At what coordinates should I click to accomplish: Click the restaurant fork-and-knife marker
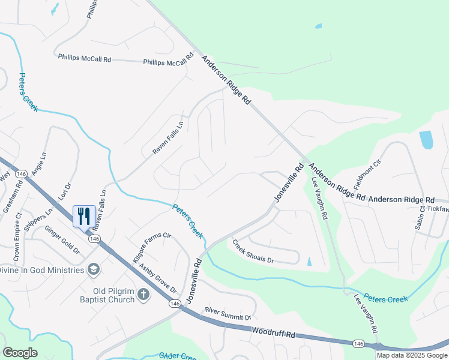click(84, 216)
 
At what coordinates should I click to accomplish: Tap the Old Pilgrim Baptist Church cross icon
click(143, 294)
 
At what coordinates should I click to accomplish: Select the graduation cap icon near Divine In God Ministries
click(93, 269)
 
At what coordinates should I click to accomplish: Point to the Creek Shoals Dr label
click(253, 252)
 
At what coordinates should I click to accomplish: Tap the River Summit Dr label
click(228, 313)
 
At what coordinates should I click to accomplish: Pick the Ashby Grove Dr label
click(158, 278)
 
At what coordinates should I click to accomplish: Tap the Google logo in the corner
click(20, 353)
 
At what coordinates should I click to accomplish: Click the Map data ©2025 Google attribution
click(412, 355)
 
